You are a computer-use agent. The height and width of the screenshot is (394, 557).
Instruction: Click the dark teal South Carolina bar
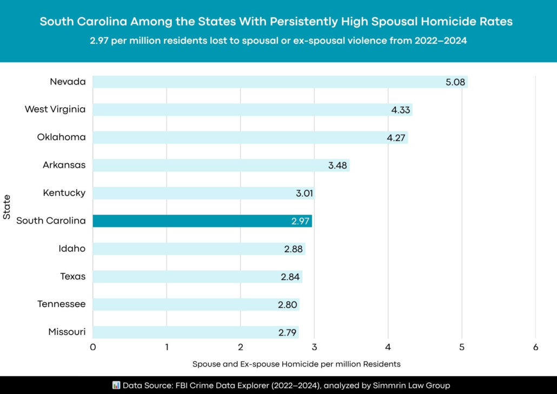tap(202, 221)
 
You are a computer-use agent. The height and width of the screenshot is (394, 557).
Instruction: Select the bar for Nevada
tap(280, 82)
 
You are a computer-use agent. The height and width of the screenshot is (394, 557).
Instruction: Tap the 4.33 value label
tap(401, 110)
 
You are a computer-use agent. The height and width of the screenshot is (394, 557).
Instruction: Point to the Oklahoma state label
tap(61, 137)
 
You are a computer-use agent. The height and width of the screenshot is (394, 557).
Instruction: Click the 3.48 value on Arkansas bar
tap(338, 165)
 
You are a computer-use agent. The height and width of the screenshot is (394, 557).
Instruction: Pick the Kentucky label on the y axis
tap(64, 193)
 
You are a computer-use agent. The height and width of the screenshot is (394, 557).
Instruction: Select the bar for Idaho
tap(199, 249)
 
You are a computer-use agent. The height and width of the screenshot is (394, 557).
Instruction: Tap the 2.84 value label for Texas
tap(290, 277)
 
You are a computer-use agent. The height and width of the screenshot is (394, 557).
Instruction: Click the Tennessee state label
tap(61, 304)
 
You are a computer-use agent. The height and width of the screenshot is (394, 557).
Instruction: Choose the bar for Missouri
tap(196, 332)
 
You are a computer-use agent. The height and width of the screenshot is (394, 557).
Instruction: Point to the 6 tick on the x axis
tap(535, 347)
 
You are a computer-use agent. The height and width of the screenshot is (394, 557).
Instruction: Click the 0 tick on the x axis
tap(93, 347)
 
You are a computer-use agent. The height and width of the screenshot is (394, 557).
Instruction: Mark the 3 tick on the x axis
tap(314, 347)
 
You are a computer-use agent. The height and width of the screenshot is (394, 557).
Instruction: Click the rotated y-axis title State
tap(7, 207)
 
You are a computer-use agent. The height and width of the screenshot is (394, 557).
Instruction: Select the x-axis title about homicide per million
tap(296, 363)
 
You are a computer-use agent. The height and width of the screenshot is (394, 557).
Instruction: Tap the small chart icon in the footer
tap(116, 385)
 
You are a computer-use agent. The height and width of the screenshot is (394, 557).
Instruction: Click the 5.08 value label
tap(455, 82)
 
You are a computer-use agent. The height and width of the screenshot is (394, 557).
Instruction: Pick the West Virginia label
tap(55, 109)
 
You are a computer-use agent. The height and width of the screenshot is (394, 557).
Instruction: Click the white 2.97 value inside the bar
tap(300, 221)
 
